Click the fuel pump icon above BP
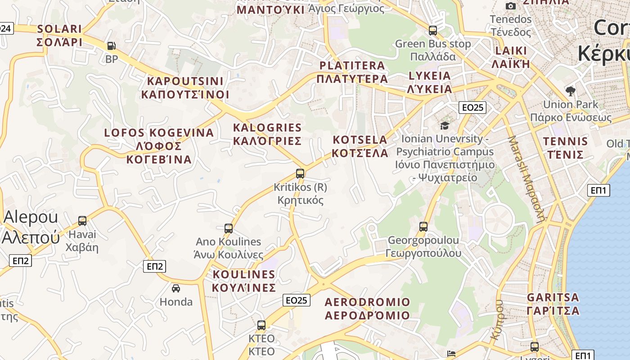coord(111,46)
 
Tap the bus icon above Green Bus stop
coord(433,31)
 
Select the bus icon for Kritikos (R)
coord(300,173)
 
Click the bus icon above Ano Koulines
coord(229,228)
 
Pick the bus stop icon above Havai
coord(82,220)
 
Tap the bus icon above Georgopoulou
coord(423,226)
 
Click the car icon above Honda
coord(176,288)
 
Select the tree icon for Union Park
coord(571,91)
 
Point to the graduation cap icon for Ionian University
coord(445,126)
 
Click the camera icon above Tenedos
coord(511,6)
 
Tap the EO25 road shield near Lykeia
coord(472,107)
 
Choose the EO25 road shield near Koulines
coord(297,300)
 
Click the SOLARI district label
coord(59,36)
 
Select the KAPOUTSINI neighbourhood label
coord(185,88)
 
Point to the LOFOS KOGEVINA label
coord(159,146)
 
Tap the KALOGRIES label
coord(267,134)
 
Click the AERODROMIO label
coord(367,308)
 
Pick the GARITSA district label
coord(553,304)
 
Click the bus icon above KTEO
coord(261,325)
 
